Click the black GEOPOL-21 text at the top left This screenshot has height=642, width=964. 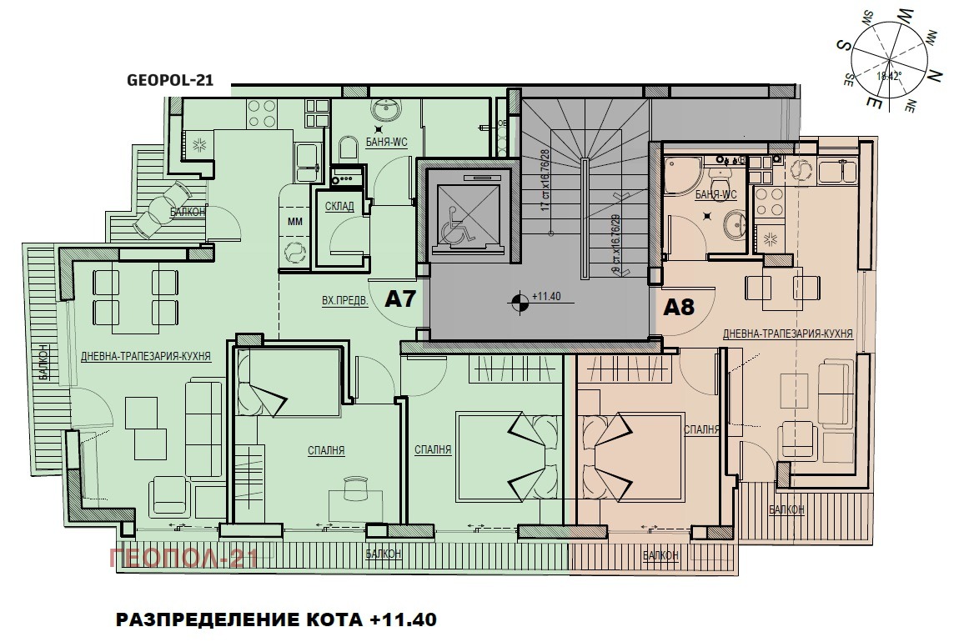coord(170,81)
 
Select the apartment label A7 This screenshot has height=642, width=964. coord(400,299)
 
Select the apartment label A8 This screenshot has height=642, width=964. coord(679,307)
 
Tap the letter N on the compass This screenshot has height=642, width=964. coord(936,74)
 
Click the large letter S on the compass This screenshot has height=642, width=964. coord(844,48)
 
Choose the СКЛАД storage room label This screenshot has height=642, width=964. coord(339,206)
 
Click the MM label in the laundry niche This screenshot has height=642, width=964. coord(294,221)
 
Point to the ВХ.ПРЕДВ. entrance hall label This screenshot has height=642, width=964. coord(344,300)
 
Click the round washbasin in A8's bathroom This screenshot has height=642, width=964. coord(735,223)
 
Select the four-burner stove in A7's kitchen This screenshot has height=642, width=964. coord(263,113)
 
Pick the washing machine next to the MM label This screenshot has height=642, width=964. coord(294,253)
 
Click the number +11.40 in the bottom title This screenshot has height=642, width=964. coord(404,620)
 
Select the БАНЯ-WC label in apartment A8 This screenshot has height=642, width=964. coord(715,195)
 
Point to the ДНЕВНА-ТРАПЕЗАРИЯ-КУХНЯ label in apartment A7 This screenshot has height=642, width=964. coord(145,356)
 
